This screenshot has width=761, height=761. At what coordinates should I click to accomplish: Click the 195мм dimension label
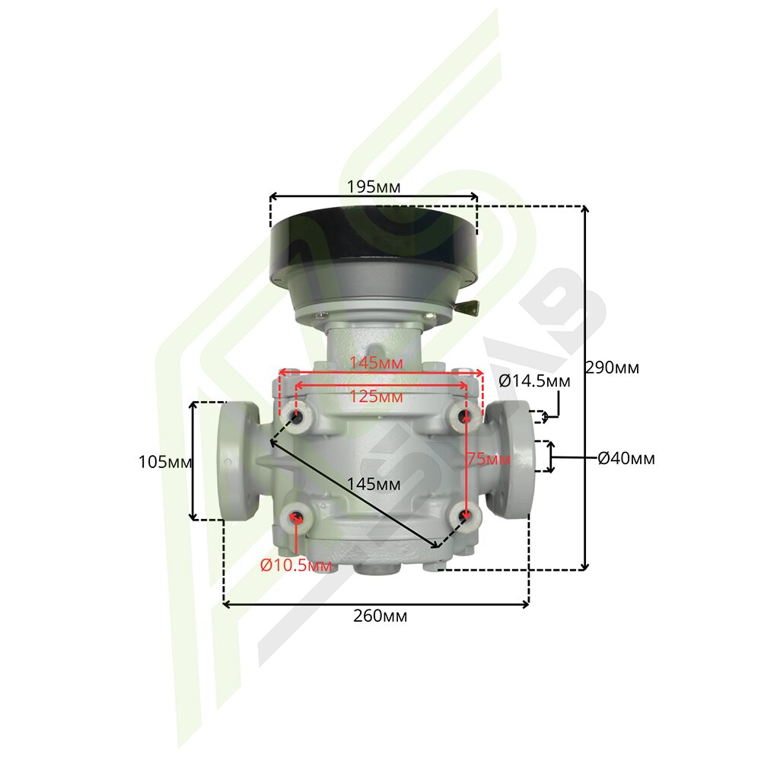coord(374,187)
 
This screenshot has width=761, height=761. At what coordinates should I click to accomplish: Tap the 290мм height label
coord(612,368)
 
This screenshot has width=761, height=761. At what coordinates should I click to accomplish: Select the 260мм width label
coord(380,616)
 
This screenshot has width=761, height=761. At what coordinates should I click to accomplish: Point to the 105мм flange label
coord(165,462)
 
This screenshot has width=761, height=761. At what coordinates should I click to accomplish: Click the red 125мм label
coord(377,396)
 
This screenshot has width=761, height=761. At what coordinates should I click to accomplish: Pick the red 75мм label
coord(489,458)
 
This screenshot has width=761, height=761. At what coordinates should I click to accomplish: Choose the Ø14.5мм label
coord(534,381)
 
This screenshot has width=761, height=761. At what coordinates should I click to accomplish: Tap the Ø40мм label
coord(626,458)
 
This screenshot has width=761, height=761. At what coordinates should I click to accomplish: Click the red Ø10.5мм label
coord(296,565)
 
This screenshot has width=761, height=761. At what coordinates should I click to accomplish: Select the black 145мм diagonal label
coord(374,484)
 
